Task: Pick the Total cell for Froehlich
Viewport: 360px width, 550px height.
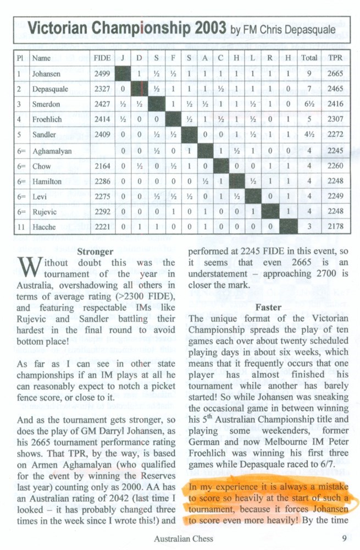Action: [x=309, y=119]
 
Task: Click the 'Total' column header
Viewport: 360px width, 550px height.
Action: [x=309, y=57]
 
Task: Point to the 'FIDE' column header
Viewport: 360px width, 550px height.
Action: [x=102, y=57]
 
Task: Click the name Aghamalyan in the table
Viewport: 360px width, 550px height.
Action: [x=52, y=151]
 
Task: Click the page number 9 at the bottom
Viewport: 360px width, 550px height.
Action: [x=343, y=538]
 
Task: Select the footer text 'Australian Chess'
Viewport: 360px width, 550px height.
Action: [x=185, y=538]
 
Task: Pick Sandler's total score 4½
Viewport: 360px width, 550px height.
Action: [x=309, y=135]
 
